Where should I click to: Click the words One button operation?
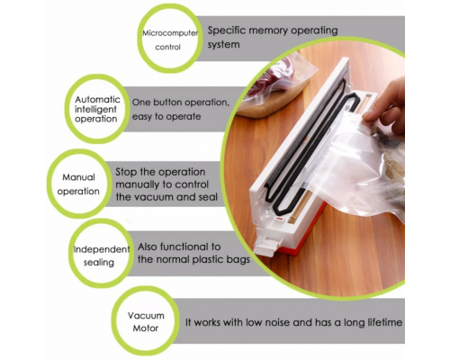tap(175, 103)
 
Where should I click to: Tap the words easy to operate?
tap(172, 118)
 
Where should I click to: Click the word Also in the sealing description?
tap(150, 245)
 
